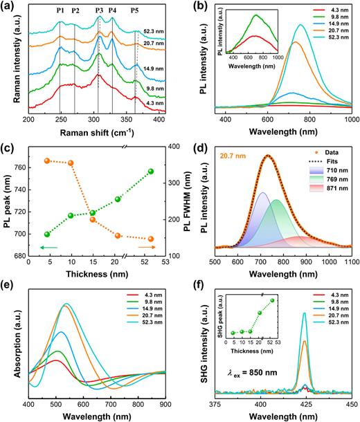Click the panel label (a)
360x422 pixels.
click(9, 6)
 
